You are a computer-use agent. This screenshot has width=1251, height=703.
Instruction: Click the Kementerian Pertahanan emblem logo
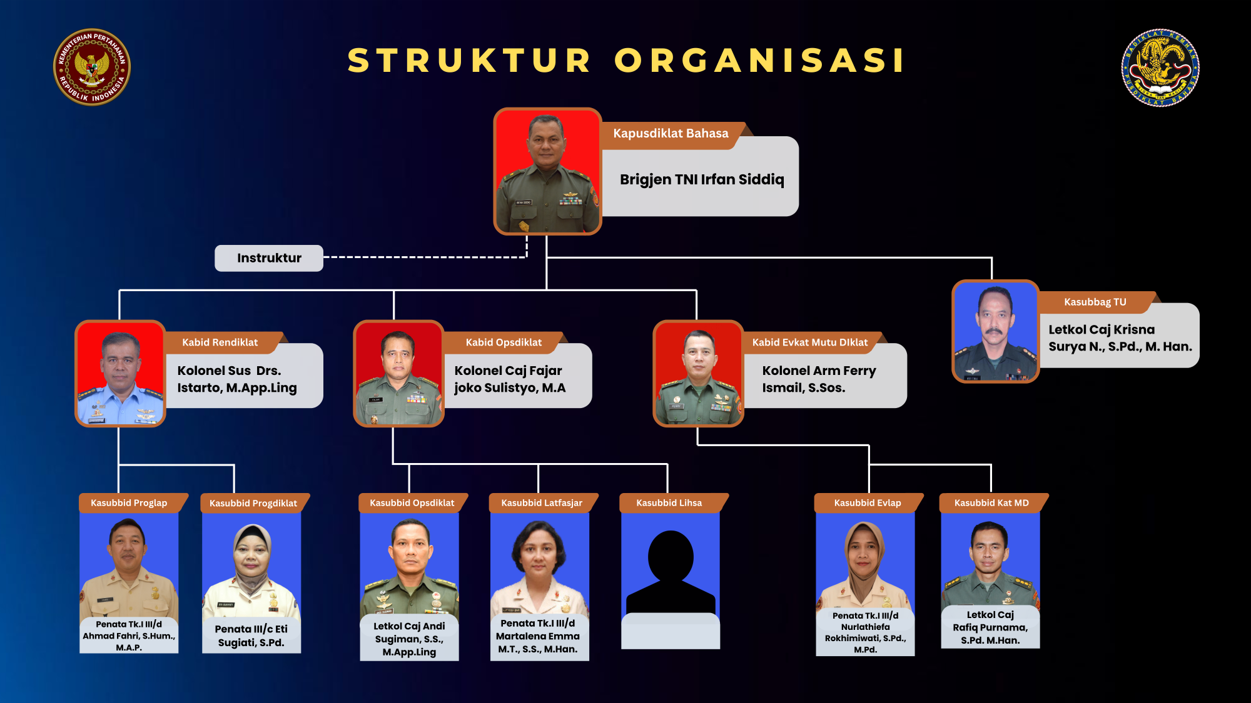pos(92,67)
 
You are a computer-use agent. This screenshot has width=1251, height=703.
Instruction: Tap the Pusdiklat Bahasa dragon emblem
pos(1160,67)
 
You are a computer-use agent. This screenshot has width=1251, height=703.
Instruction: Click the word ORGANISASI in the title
pos(759,61)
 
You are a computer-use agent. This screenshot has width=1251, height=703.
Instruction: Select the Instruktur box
pos(269,258)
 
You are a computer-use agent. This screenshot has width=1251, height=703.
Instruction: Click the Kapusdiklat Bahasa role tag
pos(671,134)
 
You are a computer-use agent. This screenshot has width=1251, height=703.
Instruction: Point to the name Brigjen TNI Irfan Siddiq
pos(702,180)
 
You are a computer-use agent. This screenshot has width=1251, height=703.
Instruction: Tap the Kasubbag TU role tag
pos(1095,302)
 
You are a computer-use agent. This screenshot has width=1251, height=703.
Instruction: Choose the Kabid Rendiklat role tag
pos(220,342)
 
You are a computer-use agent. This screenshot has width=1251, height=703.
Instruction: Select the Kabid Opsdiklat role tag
pos(504,342)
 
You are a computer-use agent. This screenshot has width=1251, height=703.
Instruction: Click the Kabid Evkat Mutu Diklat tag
pos(810,342)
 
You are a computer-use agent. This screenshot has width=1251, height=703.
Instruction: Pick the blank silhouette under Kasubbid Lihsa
pos(671,569)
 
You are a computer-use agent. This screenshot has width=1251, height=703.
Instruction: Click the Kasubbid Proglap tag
pos(129,503)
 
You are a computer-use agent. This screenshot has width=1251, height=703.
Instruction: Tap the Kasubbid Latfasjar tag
pos(542,503)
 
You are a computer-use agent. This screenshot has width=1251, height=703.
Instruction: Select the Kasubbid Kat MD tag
pos(991,503)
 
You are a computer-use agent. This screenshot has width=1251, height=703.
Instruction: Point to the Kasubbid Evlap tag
pos(868,503)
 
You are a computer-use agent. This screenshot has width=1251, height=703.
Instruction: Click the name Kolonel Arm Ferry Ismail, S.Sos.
pos(818,379)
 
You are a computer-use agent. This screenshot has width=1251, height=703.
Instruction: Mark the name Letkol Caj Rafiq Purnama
pos(990,627)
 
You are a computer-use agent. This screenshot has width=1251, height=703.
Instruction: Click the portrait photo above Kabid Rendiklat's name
pos(120,373)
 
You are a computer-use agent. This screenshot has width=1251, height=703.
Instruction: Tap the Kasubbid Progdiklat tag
pos(253,504)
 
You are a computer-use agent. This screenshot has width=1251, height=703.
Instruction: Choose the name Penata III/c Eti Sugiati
pos(251,636)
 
